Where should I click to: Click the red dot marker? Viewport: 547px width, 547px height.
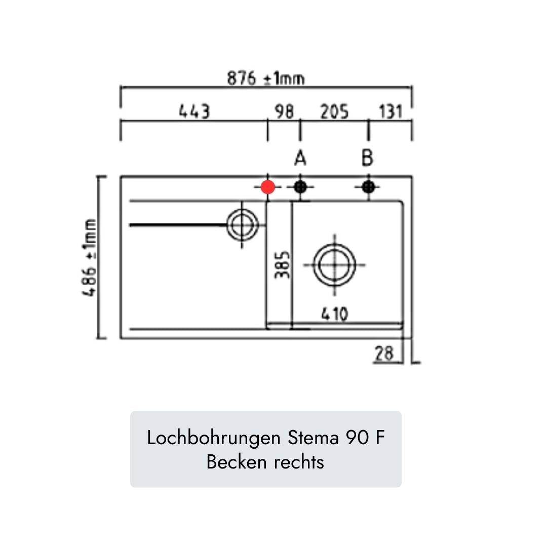pyautogui.click(x=268, y=187)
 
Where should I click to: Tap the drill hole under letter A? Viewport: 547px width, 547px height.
pyautogui.click(x=300, y=187)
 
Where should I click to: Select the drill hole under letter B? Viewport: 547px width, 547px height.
pyautogui.click(x=368, y=187)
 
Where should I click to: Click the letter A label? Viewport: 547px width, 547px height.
pyautogui.click(x=300, y=159)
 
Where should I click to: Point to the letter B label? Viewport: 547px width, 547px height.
pyautogui.click(x=367, y=159)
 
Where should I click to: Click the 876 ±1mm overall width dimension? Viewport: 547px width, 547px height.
pyautogui.click(x=265, y=79)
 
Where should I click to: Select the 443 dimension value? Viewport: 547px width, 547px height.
pyautogui.click(x=194, y=111)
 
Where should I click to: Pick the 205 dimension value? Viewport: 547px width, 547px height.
pyautogui.click(x=334, y=111)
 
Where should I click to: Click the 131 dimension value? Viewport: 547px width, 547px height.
pyautogui.click(x=390, y=111)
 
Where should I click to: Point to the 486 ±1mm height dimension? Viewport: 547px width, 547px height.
pyautogui.click(x=90, y=258)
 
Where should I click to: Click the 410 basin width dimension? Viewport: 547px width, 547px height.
pyautogui.click(x=335, y=315)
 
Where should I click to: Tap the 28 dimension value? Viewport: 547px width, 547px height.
pyautogui.click(x=384, y=354)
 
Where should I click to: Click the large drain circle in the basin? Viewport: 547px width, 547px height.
pyautogui.click(x=334, y=265)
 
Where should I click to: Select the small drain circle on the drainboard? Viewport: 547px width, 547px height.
pyautogui.click(x=242, y=224)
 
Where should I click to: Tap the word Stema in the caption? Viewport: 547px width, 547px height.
pyautogui.click(x=313, y=438)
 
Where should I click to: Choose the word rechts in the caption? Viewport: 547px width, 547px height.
pyautogui.click(x=299, y=462)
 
